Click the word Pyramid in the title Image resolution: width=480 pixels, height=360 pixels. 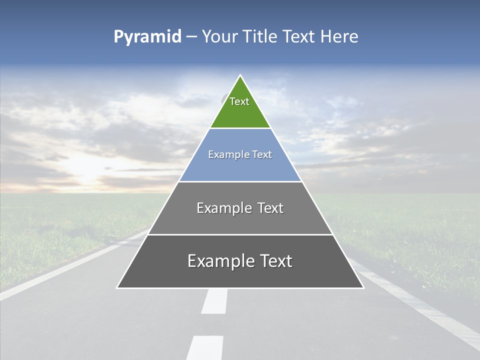click(147, 37)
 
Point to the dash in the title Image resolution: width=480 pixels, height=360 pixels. click(191, 37)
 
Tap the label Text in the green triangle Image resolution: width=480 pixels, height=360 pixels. click(239, 101)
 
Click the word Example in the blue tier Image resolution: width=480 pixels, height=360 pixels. click(227, 154)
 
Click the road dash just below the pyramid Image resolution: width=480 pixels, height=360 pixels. click(215, 301)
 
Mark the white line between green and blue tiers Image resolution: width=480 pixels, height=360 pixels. click(240, 128)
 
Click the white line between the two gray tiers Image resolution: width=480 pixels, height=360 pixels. click(240, 234)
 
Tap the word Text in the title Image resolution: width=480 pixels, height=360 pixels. click(299, 36)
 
